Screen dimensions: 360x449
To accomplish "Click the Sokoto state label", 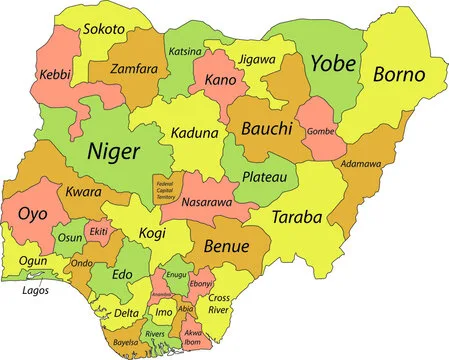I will pyautogui.click(x=104, y=31).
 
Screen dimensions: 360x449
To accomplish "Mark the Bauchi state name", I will pyautogui.click(x=266, y=129).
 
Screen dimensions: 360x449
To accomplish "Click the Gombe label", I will pyautogui.click(x=320, y=132).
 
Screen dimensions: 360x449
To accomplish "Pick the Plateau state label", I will pyautogui.click(x=264, y=177).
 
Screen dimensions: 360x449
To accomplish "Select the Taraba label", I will pyautogui.click(x=297, y=216).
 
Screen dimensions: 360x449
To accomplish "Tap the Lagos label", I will pyautogui.click(x=36, y=291).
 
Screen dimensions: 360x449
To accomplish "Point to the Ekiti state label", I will pyautogui.click(x=98, y=232).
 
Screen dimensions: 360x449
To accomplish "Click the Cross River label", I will pyautogui.click(x=219, y=303).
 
